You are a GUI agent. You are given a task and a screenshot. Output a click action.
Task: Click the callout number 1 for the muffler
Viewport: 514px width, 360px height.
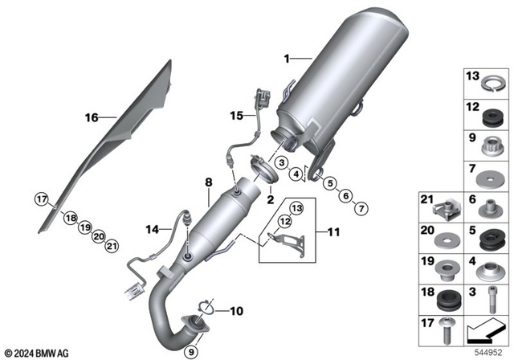pos(286,59)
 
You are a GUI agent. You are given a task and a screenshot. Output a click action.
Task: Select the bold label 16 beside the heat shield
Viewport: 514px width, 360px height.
pos(92,117)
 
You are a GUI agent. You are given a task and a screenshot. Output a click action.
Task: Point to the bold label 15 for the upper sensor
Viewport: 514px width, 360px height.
pos(235,116)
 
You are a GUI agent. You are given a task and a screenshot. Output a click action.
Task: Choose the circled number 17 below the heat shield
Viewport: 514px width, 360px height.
pos(42,198)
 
